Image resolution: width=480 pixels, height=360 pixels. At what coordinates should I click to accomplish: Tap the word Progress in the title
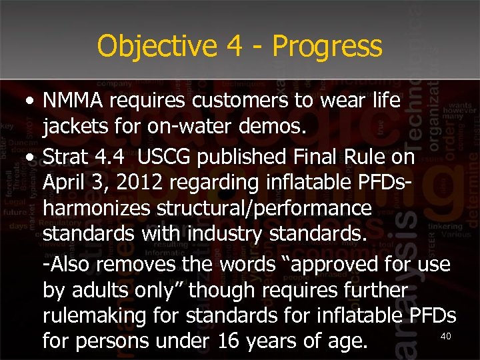(x=327, y=47)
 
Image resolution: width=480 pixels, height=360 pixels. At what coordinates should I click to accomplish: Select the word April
(x=62, y=183)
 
